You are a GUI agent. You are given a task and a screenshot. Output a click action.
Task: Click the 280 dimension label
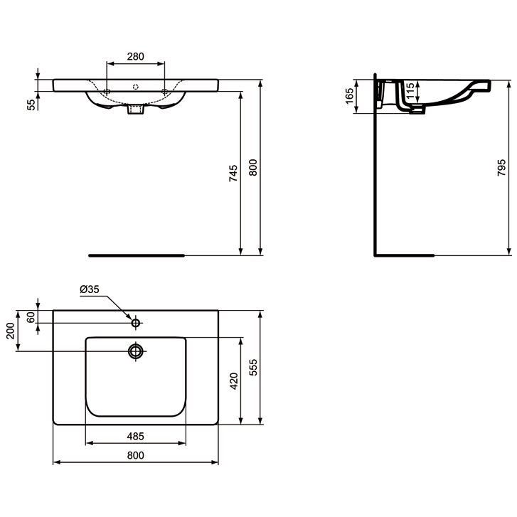tap(136, 56)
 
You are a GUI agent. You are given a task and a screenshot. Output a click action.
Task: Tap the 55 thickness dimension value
tap(31, 105)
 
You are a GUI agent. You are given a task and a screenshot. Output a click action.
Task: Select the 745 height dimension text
tap(233, 173)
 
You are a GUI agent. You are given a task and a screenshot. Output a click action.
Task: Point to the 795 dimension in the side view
tap(501, 168)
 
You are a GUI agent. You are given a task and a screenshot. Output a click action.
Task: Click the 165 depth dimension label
tap(349, 96)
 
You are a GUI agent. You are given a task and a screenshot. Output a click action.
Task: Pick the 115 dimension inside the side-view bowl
tap(410, 91)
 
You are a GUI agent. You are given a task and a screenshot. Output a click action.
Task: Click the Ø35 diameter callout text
tap(90, 289)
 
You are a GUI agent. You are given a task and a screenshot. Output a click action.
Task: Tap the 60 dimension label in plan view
tap(31, 317)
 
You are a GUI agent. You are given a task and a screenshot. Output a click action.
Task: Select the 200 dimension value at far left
tap(10, 331)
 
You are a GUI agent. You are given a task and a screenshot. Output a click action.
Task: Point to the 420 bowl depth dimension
tap(234, 381)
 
